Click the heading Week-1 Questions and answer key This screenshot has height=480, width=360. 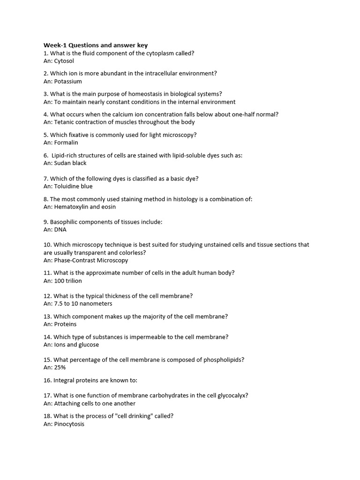pyautogui.click(x=96, y=45)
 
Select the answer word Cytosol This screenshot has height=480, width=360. pyautogui.click(x=64, y=61)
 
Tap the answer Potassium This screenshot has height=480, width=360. pyautogui.click(x=68, y=81)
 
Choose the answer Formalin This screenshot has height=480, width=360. pyautogui.click(x=66, y=142)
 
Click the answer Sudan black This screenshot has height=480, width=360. pyautogui.click(x=70, y=163)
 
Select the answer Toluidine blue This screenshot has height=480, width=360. pyautogui.click(x=73, y=186)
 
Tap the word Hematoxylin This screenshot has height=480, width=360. pyautogui.click(x=72, y=207)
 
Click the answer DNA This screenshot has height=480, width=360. pyautogui.click(x=60, y=230)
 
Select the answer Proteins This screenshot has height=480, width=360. pyautogui.click(x=65, y=324)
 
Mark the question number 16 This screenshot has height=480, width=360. pyautogui.click(x=47, y=380)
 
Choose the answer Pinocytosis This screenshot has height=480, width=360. pyautogui.click(x=69, y=424)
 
